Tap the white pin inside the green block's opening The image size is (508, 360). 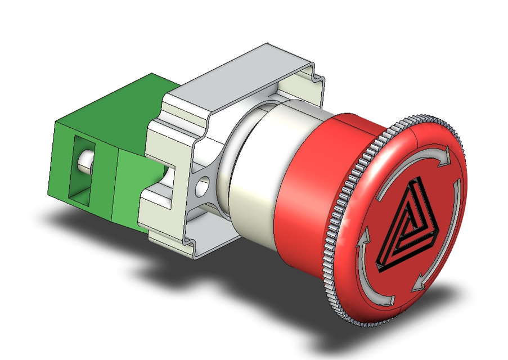(x=85, y=160)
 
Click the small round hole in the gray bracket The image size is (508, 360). (x=203, y=183)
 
